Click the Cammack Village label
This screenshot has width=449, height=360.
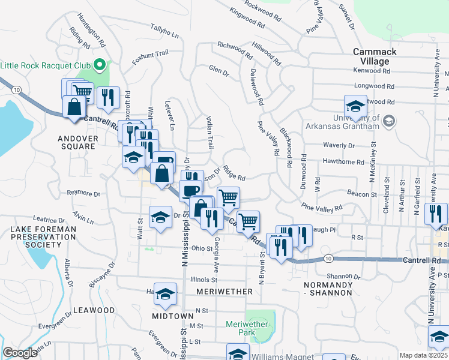(x=375, y=56)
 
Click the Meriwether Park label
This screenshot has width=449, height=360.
(x=246, y=328)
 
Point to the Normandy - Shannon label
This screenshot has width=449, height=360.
(x=328, y=288)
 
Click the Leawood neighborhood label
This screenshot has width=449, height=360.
(x=94, y=310)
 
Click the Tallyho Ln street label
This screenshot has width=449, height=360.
(x=165, y=32)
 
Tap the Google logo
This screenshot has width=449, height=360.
(x=20, y=353)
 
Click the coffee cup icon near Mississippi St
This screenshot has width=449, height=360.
(x=191, y=191)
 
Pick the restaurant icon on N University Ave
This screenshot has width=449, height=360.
(x=436, y=214)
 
